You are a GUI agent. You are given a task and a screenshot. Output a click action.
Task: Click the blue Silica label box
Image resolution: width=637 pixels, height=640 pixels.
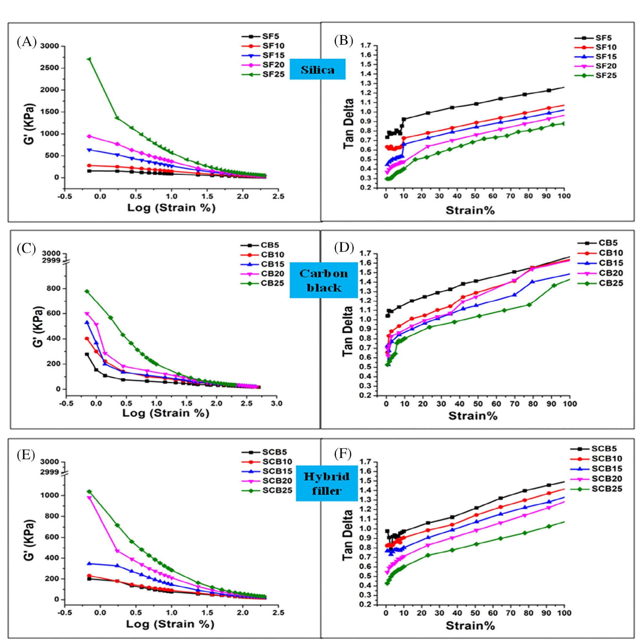(318, 69)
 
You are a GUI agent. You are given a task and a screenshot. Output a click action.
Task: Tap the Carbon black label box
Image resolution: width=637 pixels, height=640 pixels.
(323, 280)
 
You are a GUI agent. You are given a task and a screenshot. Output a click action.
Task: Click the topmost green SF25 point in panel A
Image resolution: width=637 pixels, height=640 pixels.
(89, 59)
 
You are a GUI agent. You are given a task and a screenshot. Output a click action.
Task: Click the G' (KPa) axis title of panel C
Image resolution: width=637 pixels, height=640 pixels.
(31, 322)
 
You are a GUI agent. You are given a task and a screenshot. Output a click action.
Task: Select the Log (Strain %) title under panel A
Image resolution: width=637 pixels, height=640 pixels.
(171, 208)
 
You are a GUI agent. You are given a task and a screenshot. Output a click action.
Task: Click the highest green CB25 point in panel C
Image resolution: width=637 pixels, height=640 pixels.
(87, 292)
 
